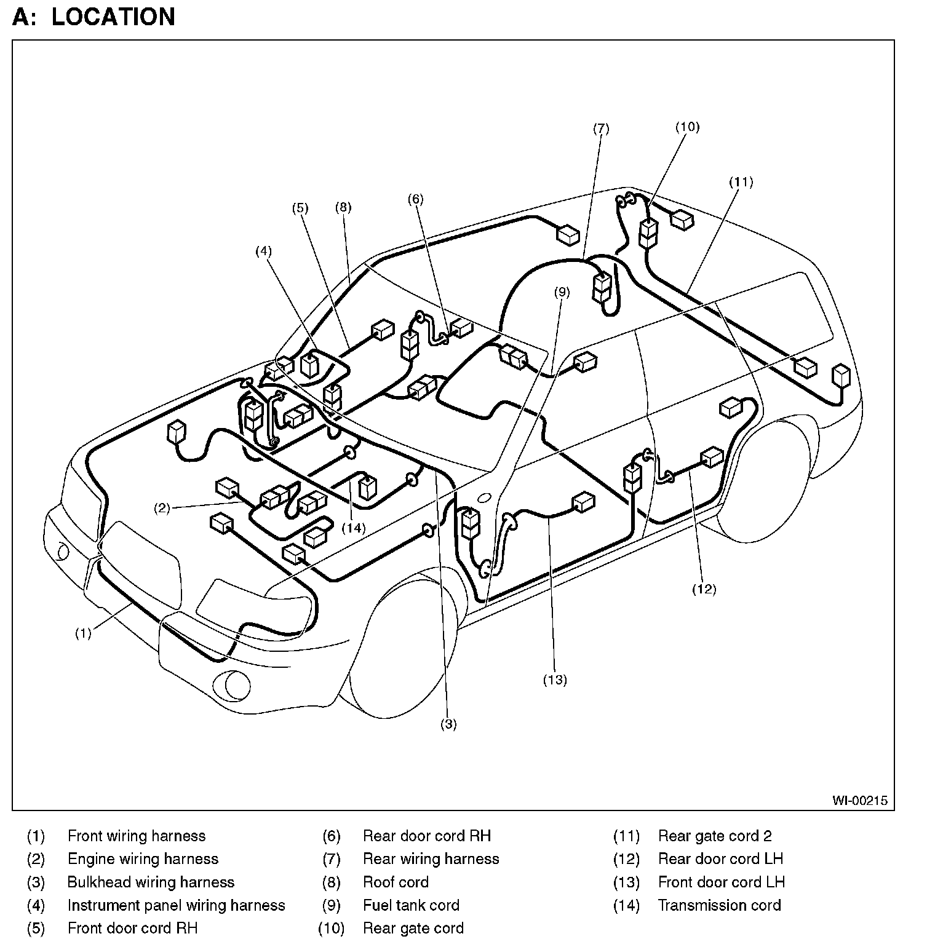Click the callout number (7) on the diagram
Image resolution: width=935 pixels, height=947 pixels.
(x=601, y=129)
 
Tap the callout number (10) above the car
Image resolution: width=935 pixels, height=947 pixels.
(x=687, y=127)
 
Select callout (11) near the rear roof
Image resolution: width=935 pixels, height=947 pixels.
(x=741, y=182)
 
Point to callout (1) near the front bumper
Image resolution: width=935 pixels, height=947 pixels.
(x=83, y=633)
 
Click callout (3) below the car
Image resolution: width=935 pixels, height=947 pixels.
(x=448, y=724)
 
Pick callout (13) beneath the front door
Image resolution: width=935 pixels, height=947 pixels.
(x=554, y=680)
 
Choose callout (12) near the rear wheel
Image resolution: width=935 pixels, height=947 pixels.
(x=704, y=589)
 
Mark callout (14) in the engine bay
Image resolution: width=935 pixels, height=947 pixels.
(x=353, y=528)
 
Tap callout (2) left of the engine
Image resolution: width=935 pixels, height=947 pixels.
(x=162, y=508)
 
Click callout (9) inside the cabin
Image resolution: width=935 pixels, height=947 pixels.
(x=562, y=292)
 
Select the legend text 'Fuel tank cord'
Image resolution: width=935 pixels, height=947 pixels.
(x=411, y=905)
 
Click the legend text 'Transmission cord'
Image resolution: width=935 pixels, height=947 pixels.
(x=719, y=905)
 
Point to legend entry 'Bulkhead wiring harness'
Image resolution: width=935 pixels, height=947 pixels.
(x=151, y=882)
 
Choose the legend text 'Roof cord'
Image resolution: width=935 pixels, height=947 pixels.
(x=396, y=882)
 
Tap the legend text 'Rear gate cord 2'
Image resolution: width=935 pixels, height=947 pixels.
(x=715, y=836)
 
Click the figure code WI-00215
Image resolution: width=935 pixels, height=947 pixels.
(x=860, y=801)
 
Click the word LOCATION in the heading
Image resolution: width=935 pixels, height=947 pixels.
(x=113, y=17)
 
